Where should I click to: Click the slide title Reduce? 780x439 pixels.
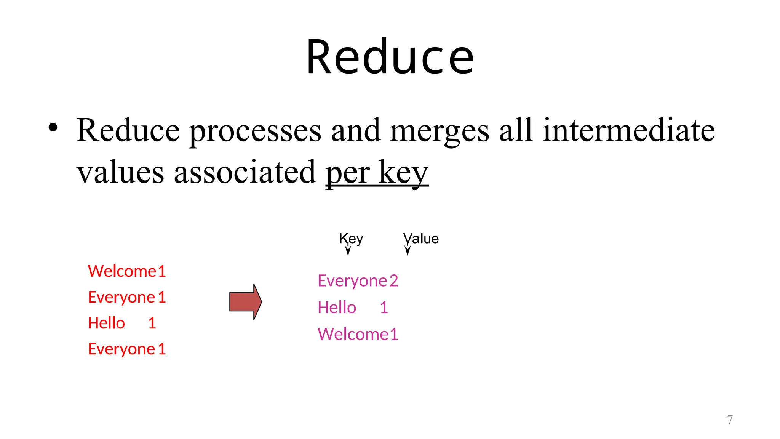pyautogui.click(x=390, y=57)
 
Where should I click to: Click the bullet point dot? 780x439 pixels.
pyautogui.click(x=53, y=128)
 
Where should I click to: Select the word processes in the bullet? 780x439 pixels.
pyautogui.click(x=255, y=131)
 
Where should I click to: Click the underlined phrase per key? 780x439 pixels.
pyautogui.click(x=377, y=172)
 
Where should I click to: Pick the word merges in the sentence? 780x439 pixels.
pyautogui.click(x=440, y=131)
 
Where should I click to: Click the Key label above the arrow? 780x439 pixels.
pyautogui.click(x=351, y=239)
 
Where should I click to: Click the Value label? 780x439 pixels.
pyautogui.click(x=421, y=239)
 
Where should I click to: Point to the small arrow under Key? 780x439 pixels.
pyautogui.click(x=348, y=250)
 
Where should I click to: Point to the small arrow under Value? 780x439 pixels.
pyautogui.click(x=408, y=250)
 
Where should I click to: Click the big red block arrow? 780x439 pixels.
pyautogui.click(x=245, y=302)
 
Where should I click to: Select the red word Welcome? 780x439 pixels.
pyautogui.click(x=122, y=271)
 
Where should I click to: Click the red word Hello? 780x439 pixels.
pyautogui.click(x=106, y=323)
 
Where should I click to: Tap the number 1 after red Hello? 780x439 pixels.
pyautogui.click(x=152, y=323)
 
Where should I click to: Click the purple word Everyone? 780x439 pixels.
pyautogui.click(x=352, y=281)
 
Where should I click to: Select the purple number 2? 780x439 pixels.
pyautogui.click(x=394, y=281)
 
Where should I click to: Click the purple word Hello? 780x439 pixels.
pyautogui.click(x=337, y=308)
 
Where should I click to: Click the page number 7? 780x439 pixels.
pyautogui.click(x=730, y=420)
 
